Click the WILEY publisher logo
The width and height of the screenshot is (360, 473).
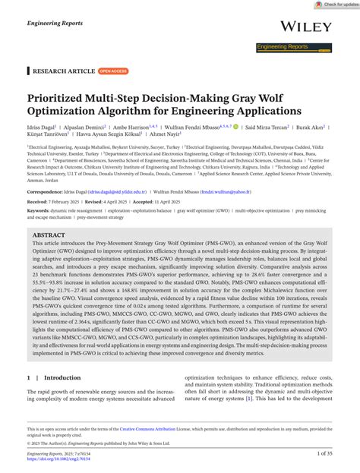click(306, 27)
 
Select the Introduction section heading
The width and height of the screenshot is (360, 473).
click(62, 397)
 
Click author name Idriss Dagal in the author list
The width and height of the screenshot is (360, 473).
click(42, 127)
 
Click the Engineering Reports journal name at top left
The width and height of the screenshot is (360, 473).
click(55, 24)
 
